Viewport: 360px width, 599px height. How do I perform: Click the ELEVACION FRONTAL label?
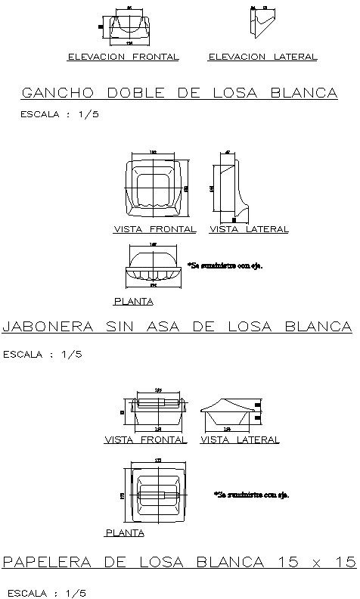(123, 57)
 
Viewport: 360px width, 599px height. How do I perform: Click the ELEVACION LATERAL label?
(262, 57)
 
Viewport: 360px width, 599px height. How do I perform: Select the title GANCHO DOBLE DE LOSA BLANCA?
(179, 93)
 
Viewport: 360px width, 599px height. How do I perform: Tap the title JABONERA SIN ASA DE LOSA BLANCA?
(178, 327)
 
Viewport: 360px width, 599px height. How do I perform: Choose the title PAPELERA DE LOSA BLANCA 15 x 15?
(179, 562)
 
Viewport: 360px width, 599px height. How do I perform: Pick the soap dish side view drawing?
(232, 187)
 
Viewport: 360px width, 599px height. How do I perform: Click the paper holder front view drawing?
(158, 413)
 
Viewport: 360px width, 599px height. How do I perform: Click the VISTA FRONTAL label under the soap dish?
(155, 229)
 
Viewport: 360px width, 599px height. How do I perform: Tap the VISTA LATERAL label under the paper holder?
(240, 439)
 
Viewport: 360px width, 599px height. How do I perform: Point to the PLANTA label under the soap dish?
(133, 302)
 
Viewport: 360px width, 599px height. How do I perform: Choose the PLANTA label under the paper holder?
(125, 533)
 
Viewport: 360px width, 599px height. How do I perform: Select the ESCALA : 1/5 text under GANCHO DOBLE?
(59, 115)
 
